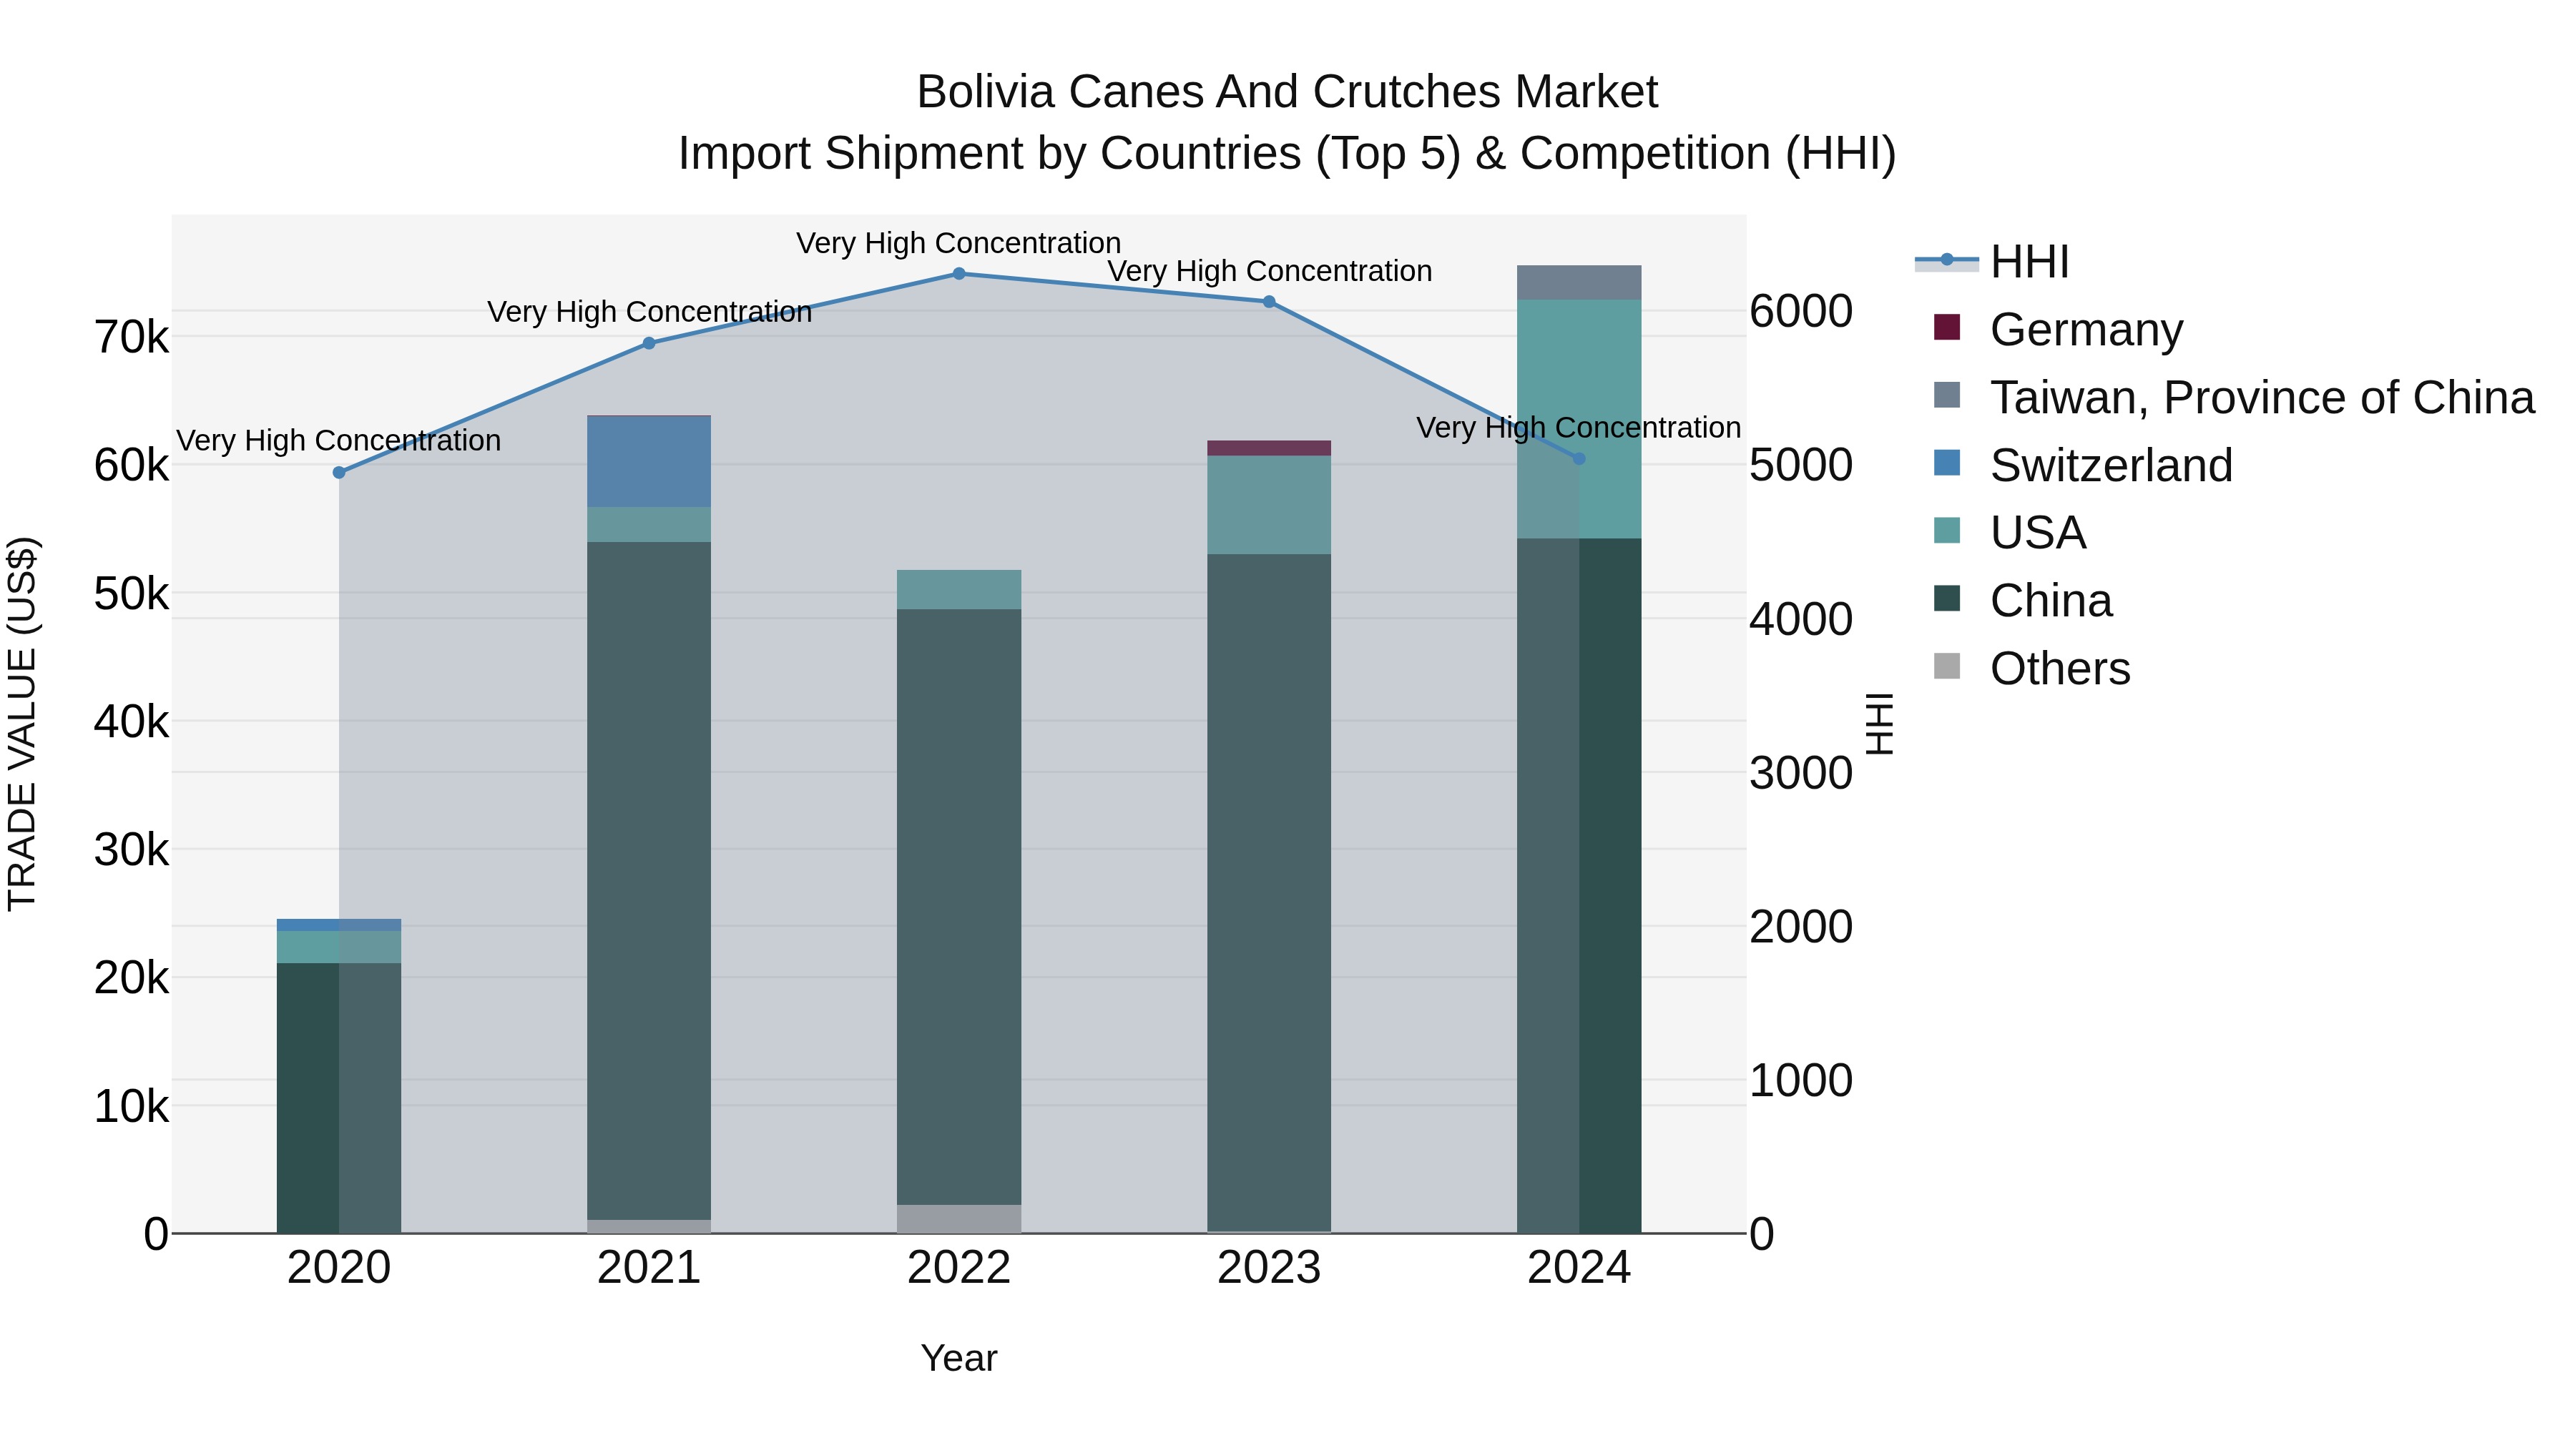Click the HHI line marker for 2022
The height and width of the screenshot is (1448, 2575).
pyautogui.click(x=958, y=274)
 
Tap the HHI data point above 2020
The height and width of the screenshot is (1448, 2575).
pyautogui.click(x=339, y=473)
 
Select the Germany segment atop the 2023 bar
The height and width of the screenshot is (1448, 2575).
pyautogui.click(x=1268, y=448)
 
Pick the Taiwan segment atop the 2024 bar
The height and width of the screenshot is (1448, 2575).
pyautogui.click(x=1579, y=282)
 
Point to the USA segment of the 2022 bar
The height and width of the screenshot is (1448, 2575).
pyautogui.click(x=958, y=590)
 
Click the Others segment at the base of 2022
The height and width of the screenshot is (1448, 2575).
pyautogui.click(x=958, y=1218)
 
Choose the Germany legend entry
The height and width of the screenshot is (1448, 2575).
pyautogui.click(x=2085, y=330)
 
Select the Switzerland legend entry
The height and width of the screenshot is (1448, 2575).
pyautogui.click(x=2109, y=466)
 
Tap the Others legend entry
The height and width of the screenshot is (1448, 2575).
pyautogui.click(x=2059, y=669)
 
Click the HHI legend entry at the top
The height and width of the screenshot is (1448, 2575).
pyautogui.click(x=2029, y=262)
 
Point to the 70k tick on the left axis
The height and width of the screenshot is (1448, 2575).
pyautogui.click(x=132, y=338)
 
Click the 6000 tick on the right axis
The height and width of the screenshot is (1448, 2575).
pyautogui.click(x=1800, y=311)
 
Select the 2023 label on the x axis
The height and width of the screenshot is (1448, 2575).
pyautogui.click(x=1268, y=1268)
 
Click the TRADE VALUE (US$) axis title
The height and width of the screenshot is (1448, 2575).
pyautogui.click(x=22, y=724)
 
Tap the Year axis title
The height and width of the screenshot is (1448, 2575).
pyautogui.click(x=958, y=1358)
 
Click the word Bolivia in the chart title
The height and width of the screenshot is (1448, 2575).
pyautogui.click(x=986, y=92)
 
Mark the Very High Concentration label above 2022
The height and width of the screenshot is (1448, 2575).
pyautogui.click(x=958, y=243)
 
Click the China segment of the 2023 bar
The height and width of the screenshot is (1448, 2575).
pyautogui.click(x=1268, y=890)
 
